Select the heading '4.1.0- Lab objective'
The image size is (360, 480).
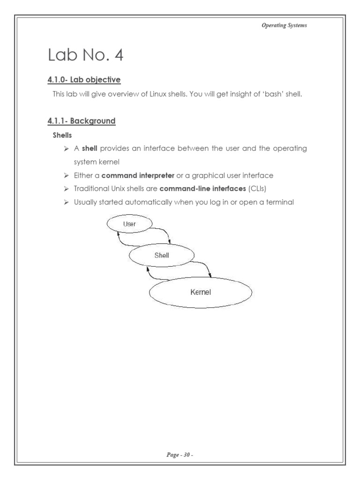pyautogui.click(x=84, y=80)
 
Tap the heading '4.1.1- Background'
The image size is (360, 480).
pyautogui.click(x=81, y=121)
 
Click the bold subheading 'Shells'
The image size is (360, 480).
pyautogui.click(x=61, y=135)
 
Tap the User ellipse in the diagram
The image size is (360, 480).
pyautogui.click(x=129, y=224)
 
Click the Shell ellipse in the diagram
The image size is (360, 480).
pyautogui.click(x=162, y=255)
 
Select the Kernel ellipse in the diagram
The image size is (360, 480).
pyautogui.click(x=201, y=292)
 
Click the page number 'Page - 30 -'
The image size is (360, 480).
pyautogui.click(x=180, y=454)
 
